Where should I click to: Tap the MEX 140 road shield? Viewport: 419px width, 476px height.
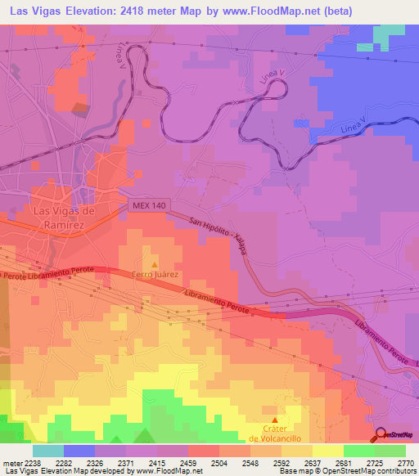click(146, 208)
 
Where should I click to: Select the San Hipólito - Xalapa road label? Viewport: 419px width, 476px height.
click(219, 238)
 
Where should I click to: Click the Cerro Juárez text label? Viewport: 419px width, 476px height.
click(155, 275)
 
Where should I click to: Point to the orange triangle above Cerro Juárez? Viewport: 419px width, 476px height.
click(154, 264)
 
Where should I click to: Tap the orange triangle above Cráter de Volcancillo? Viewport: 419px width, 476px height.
click(274, 420)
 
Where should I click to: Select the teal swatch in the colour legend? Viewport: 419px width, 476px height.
click(48, 451)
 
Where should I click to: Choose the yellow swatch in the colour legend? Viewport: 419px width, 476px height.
click(327, 451)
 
